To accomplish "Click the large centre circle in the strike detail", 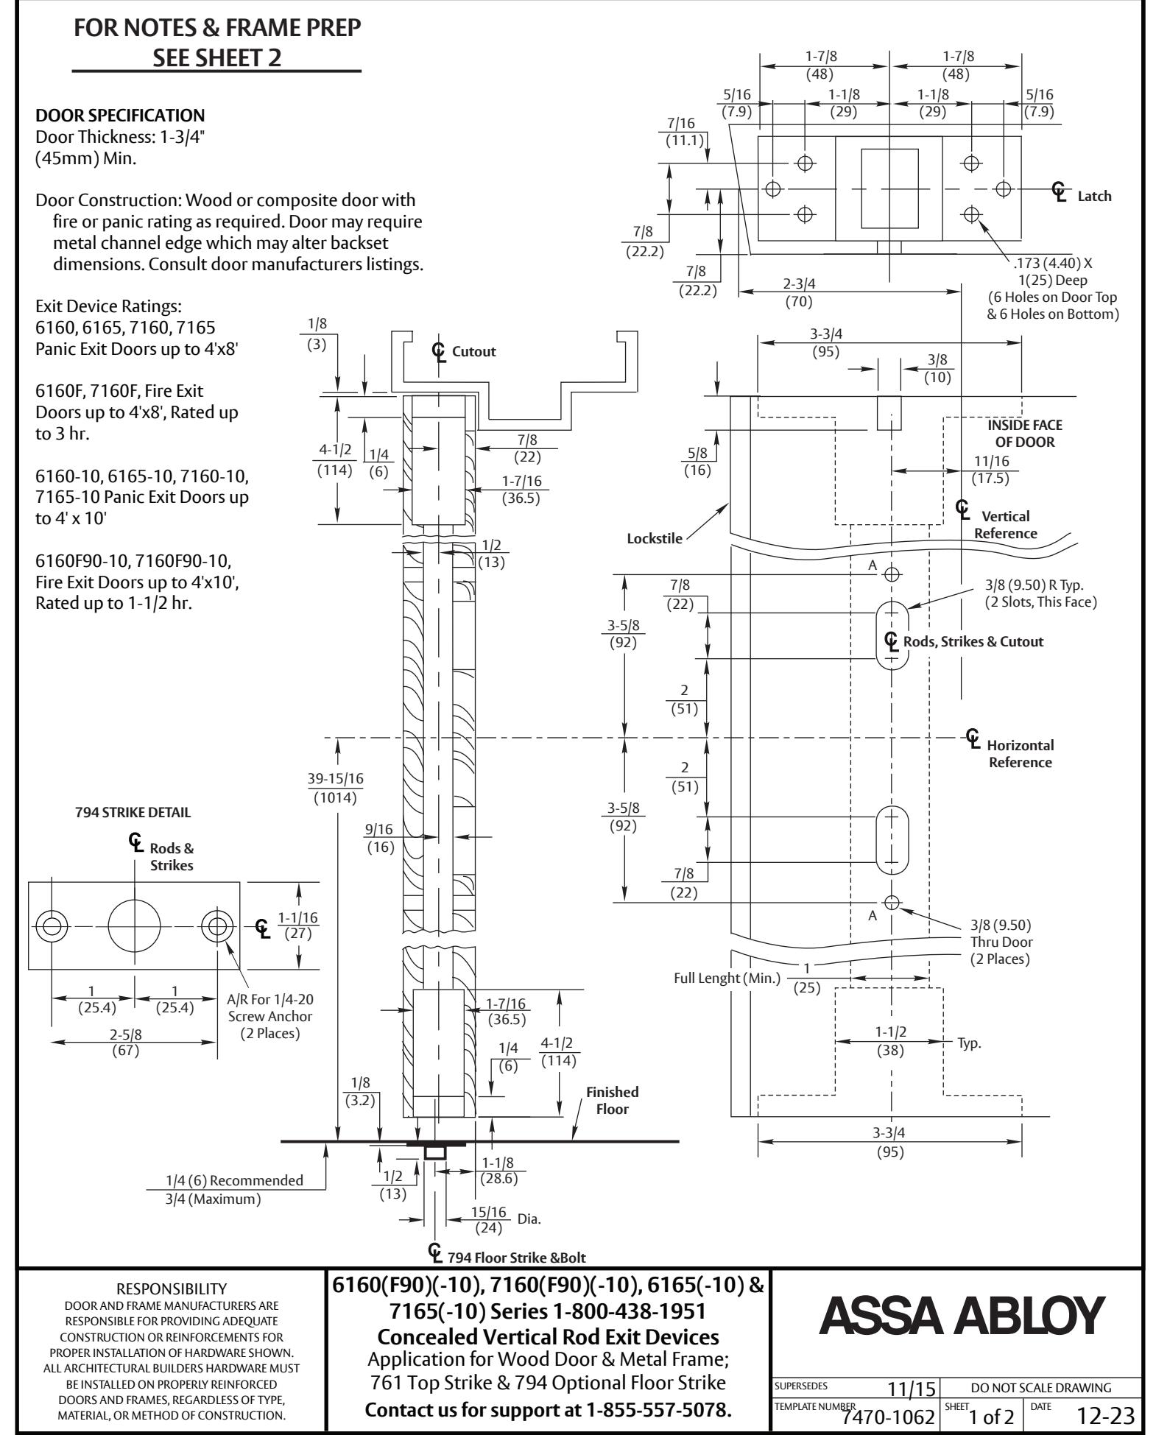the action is click(134, 925).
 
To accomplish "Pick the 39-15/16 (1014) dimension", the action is click(336, 789).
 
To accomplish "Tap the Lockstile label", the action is click(654, 537).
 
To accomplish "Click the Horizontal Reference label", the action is click(1021, 753).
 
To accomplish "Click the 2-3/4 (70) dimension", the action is click(799, 292).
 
